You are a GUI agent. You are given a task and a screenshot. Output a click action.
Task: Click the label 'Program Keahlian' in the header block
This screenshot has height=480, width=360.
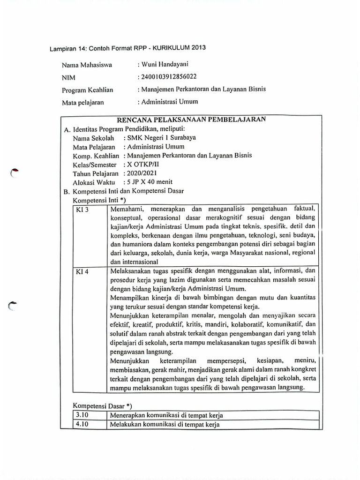coord(87,90)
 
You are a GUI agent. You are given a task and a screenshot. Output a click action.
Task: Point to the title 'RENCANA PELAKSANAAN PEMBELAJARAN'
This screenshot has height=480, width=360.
coord(191,120)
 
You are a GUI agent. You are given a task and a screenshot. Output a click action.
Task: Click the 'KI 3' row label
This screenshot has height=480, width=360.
coord(82,210)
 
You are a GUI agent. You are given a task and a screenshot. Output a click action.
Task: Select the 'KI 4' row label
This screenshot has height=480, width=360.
coord(82,271)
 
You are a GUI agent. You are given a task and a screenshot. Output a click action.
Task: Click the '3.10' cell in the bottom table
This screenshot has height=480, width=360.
coord(82,415)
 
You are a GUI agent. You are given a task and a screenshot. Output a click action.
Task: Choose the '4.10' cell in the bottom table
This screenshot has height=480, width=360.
coord(82,425)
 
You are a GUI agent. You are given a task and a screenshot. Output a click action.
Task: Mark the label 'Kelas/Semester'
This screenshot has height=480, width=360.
coord(94,165)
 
